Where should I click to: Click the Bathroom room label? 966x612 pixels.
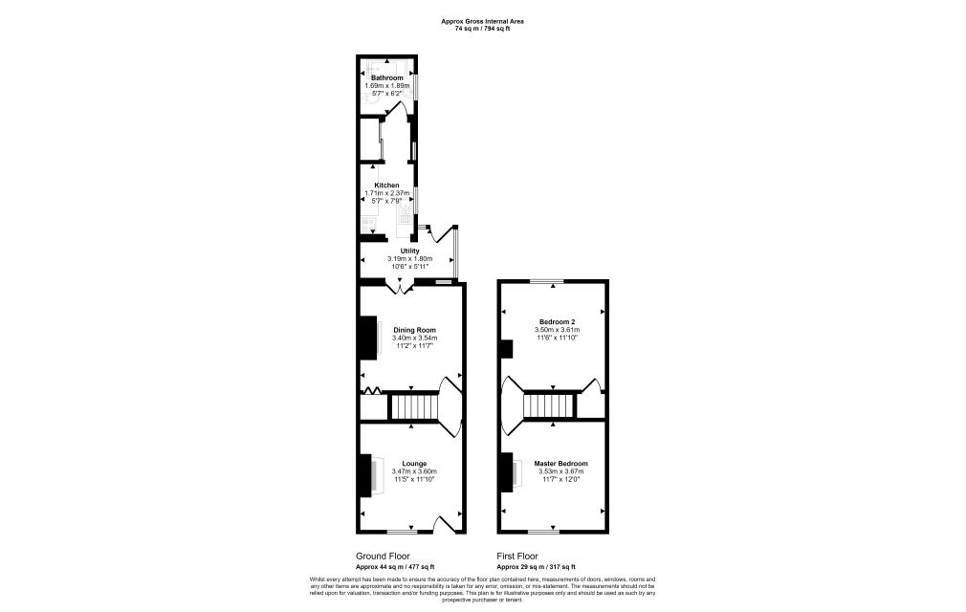pyautogui.click(x=387, y=77)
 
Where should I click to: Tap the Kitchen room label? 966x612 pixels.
pyautogui.click(x=386, y=185)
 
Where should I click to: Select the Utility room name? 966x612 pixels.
pyautogui.click(x=410, y=251)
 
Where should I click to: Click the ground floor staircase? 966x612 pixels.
pyautogui.click(x=413, y=407)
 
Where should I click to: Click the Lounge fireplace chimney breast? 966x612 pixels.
pyautogui.click(x=364, y=475)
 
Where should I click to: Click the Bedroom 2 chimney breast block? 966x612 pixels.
pyautogui.click(x=505, y=349)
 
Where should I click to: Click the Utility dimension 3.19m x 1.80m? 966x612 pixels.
pyautogui.click(x=410, y=258)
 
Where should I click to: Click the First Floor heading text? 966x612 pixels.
pyautogui.click(x=517, y=556)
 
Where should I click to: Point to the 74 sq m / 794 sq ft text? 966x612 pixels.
pyautogui.click(x=482, y=29)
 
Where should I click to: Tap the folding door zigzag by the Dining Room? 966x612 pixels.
pyautogui.click(x=373, y=389)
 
